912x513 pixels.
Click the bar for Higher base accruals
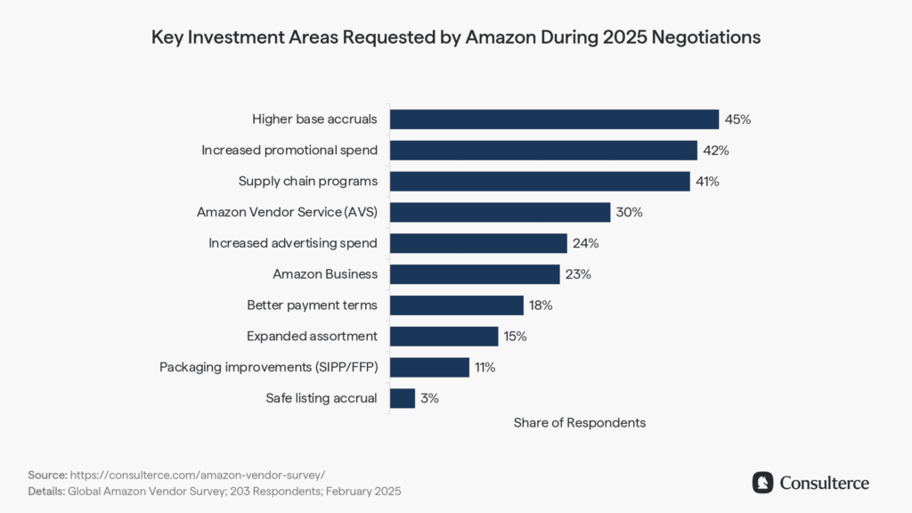(x=554, y=119)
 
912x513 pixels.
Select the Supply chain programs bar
(x=540, y=182)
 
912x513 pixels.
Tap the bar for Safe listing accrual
(x=403, y=398)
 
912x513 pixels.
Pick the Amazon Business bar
(x=475, y=274)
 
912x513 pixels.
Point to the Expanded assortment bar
(x=444, y=336)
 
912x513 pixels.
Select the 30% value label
(x=629, y=213)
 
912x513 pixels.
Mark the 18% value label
(x=541, y=305)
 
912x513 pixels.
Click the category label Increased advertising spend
(x=293, y=243)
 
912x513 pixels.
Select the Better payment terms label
(x=312, y=305)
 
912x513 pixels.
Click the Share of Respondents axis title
(x=579, y=423)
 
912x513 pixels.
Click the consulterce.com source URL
(x=203, y=476)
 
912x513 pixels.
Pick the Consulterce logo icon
(x=762, y=483)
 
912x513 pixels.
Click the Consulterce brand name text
(x=824, y=483)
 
